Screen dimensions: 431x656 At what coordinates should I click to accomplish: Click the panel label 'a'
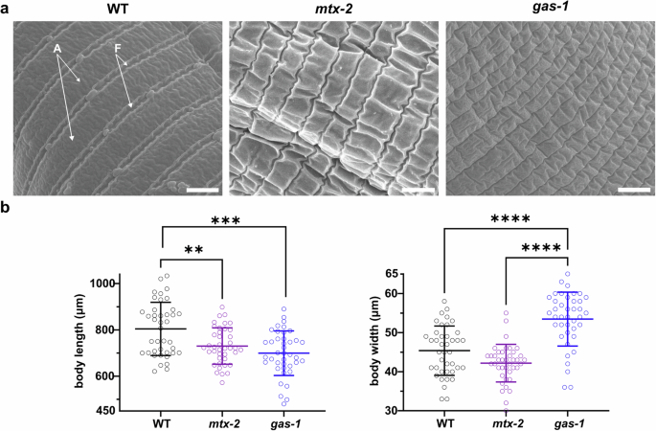click(6, 8)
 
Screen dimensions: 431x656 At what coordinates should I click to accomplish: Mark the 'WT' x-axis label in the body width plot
click(444, 421)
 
